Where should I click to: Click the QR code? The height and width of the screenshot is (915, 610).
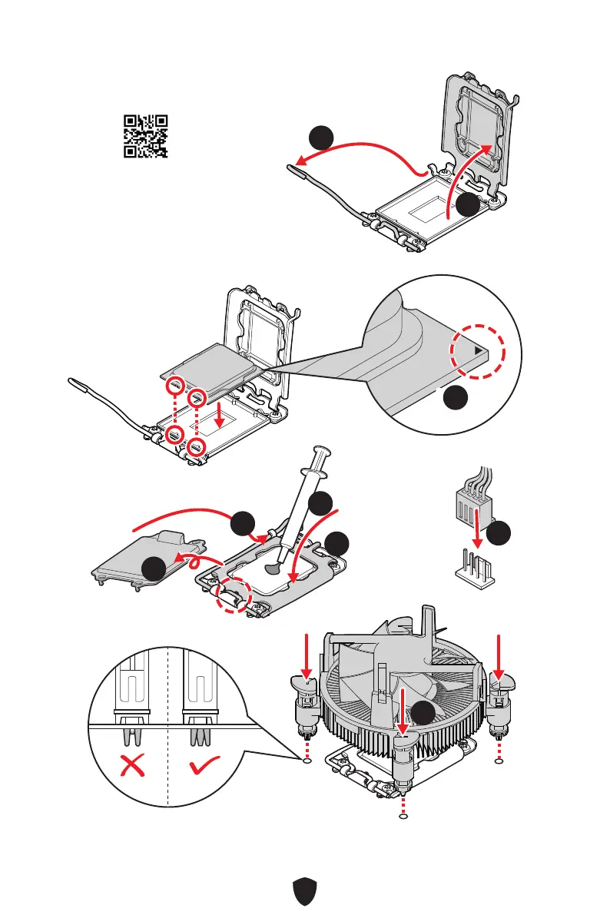(x=146, y=136)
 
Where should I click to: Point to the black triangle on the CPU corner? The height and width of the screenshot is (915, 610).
(x=480, y=350)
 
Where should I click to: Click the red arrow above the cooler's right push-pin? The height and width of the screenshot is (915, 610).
(x=499, y=653)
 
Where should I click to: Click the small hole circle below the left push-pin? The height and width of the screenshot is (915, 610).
(x=308, y=762)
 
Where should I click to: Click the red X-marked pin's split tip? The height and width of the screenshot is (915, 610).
(x=132, y=738)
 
